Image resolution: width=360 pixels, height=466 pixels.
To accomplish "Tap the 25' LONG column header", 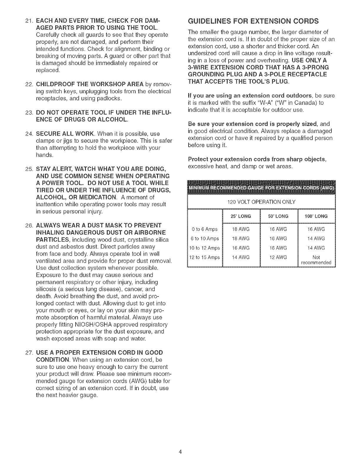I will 241,216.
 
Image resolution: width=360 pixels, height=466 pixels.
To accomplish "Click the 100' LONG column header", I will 316,216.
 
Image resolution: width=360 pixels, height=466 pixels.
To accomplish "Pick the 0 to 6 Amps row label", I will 204,229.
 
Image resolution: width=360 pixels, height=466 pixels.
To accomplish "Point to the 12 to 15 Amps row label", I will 204,257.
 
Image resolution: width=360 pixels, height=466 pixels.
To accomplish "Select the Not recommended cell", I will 316,260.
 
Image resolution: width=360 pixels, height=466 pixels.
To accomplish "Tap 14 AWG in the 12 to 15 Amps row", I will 241,257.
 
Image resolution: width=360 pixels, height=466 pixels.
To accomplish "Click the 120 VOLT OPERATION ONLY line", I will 261,202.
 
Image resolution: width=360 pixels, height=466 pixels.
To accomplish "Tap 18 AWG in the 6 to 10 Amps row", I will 241,239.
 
